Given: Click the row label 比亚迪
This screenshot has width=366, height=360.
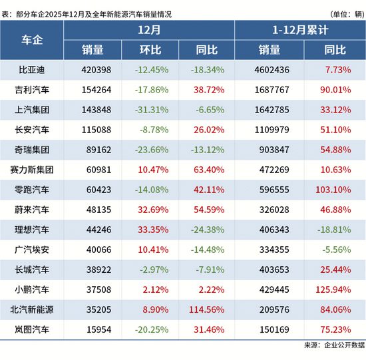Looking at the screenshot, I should tap(32, 69).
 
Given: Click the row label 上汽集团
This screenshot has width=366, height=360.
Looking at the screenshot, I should tap(32, 109).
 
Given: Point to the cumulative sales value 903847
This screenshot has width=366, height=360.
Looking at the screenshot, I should tap(274, 149).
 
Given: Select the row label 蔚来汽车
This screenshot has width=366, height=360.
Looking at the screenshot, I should tap(32, 210).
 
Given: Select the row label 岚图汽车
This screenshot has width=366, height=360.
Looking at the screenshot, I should tap(32, 330).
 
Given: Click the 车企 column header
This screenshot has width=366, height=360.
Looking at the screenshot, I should tap(32, 40).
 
